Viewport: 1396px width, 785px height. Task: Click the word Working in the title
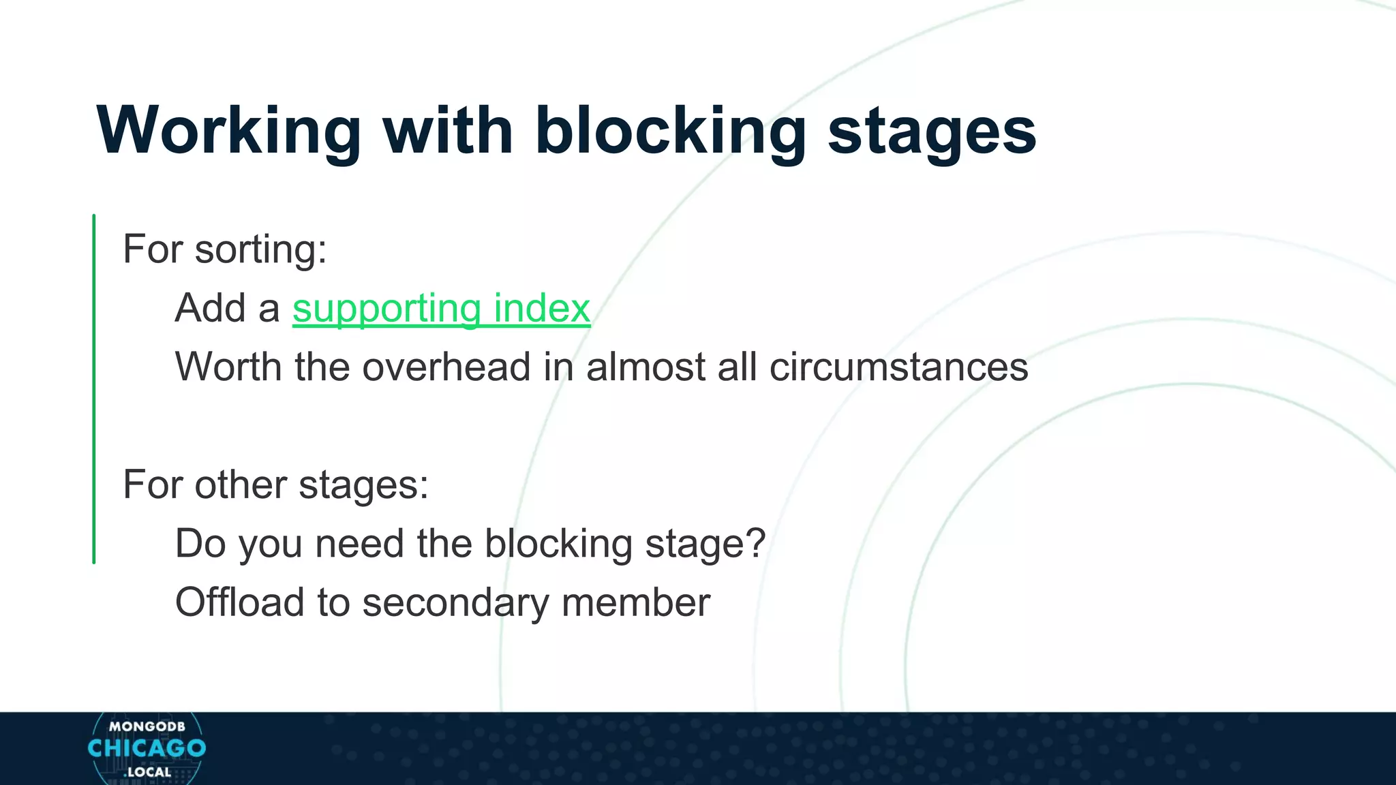point(228,131)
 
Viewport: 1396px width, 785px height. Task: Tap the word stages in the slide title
point(931,131)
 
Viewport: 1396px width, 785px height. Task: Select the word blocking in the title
point(670,131)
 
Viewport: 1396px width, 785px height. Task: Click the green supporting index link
point(441,309)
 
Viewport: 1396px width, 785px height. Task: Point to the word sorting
point(261,249)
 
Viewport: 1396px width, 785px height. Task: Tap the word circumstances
point(898,367)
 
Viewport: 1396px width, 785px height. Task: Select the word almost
point(646,367)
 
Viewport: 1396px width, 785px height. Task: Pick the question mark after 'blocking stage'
point(755,544)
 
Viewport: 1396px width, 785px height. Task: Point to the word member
point(635,603)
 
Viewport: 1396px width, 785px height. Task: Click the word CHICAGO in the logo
point(147,748)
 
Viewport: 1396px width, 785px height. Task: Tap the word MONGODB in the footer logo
point(147,727)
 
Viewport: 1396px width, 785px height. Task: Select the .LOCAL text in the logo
point(148,773)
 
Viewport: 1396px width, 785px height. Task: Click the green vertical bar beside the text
point(94,388)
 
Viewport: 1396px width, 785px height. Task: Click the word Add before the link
point(209,309)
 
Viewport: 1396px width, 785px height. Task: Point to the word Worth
point(228,367)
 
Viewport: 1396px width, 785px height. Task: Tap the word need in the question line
point(359,544)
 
